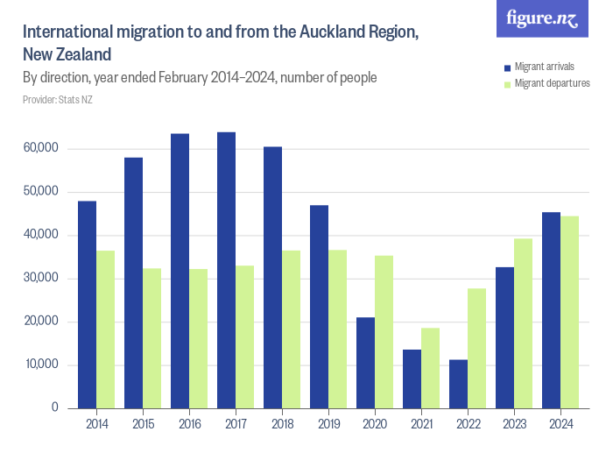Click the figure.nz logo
click(542, 19)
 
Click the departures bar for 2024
click(569, 312)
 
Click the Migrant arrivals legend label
click(545, 67)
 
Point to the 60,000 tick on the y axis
click(40, 149)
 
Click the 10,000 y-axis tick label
click(40, 364)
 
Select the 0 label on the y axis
click(53, 408)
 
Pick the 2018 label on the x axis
click(282, 425)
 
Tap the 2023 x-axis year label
click(514, 425)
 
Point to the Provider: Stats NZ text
click(58, 100)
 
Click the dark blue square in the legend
click(507, 67)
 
